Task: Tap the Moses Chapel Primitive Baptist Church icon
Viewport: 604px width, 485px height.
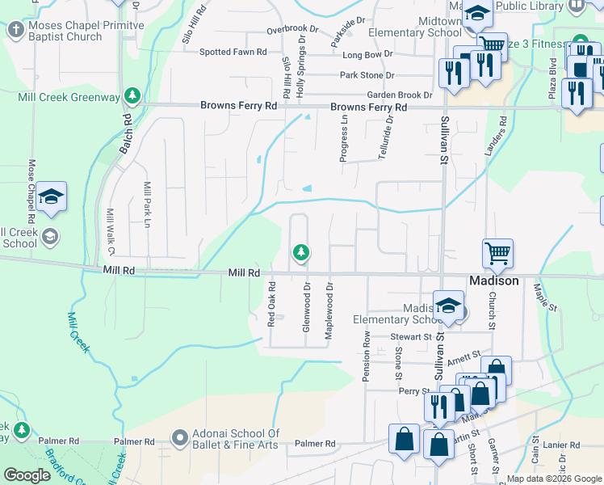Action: coord(15,31)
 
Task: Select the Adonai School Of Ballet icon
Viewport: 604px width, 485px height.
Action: coord(179,438)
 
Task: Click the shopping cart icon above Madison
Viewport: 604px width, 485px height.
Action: coord(497,253)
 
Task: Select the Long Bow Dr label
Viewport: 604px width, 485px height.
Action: coord(367,54)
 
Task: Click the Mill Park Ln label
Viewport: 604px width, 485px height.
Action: coord(147,205)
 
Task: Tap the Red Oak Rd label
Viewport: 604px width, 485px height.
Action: coord(272,304)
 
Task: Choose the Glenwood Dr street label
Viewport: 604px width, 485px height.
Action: coord(307,306)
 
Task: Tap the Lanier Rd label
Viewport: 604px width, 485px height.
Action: coord(561,445)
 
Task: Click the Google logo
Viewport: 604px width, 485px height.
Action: coord(27,475)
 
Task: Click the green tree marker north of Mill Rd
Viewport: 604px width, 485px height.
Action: coord(301,254)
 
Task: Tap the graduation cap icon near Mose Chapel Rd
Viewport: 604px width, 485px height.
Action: coord(51,196)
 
